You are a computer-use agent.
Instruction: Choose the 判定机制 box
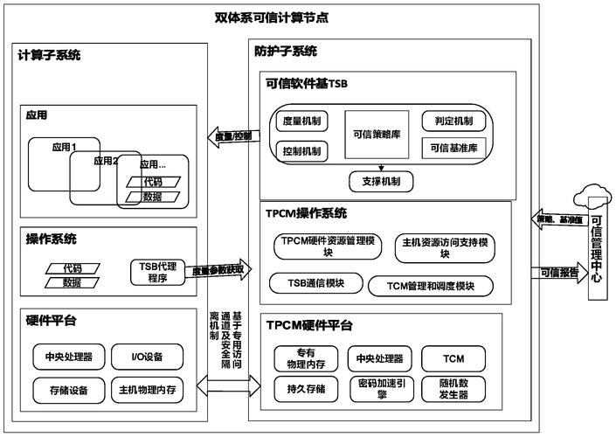point(453,121)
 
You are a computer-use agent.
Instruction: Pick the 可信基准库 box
point(453,149)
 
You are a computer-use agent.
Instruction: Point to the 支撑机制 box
point(381,182)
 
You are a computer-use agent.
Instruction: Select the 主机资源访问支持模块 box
point(444,247)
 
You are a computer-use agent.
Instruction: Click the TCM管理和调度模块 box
point(430,285)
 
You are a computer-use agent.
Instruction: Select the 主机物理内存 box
point(148,389)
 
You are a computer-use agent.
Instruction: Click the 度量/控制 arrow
point(231,136)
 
